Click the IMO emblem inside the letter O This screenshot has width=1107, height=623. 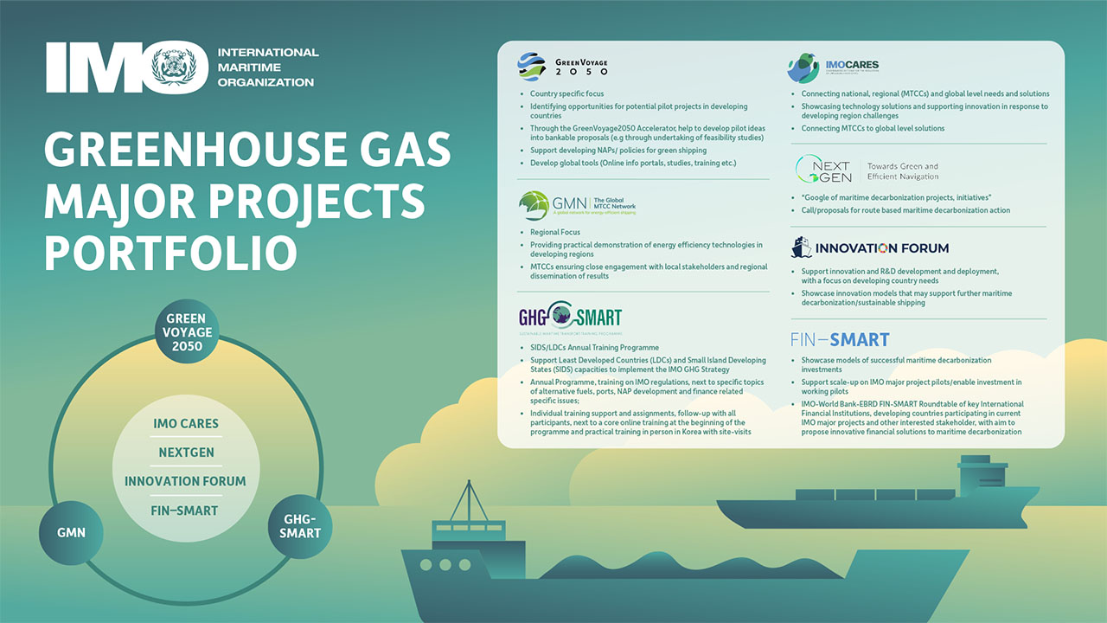180,70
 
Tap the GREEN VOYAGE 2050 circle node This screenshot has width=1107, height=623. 186,332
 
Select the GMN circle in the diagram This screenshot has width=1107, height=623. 71,532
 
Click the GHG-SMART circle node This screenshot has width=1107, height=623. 300,526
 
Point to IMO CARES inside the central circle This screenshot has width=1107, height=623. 186,424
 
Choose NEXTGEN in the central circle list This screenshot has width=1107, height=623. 186,453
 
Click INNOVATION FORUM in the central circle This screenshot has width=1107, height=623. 186,481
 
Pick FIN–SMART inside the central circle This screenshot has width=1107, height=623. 186,511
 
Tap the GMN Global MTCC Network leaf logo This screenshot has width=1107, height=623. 534,205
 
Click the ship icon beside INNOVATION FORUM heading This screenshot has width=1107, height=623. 802,248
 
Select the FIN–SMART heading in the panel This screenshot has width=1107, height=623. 840,339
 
